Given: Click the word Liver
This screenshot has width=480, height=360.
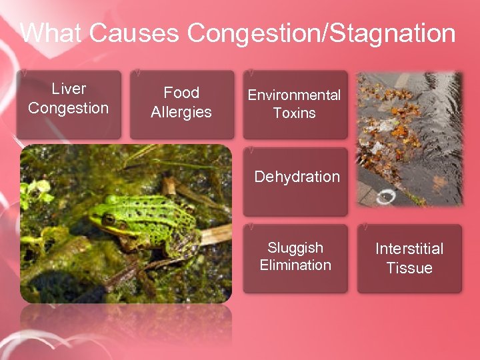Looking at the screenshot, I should point(69,89).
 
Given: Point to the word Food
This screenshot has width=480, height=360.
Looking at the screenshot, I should point(181,93).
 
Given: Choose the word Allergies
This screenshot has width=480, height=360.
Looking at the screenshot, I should point(181,112).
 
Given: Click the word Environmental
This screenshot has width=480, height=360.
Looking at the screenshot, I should point(294,95).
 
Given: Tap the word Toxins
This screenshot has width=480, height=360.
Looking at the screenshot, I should point(294,113).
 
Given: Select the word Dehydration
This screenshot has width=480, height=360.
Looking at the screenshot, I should point(297,177).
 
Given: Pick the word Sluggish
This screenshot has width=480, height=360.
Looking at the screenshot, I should point(295,248).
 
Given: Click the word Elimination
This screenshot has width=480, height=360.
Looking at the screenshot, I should point(295,265).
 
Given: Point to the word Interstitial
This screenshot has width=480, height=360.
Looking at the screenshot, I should point(409,249).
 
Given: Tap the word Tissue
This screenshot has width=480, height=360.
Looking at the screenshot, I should point(409,268).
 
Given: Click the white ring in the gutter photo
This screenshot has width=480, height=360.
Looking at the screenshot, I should point(386,197).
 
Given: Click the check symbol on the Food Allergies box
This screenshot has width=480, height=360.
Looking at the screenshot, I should point(136,71).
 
